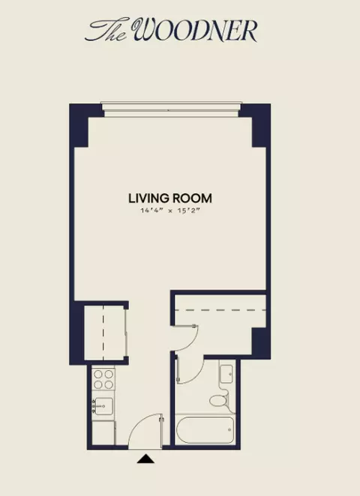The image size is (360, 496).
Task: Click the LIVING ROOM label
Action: click(x=170, y=199)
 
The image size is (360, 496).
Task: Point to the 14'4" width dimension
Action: click(x=152, y=211)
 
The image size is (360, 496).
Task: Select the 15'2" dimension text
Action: click(x=189, y=211)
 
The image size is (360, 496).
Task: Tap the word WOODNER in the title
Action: click(x=194, y=30)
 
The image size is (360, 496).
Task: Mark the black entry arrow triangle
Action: click(x=145, y=459)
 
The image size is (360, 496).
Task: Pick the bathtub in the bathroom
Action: click(x=205, y=430)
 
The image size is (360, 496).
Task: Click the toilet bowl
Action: click(x=218, y=401)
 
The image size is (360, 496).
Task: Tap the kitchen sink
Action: click(x=103, y=406)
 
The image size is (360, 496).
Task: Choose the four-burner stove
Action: click(x=103, y=379)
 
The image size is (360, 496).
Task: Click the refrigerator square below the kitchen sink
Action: click(x=103, y=432)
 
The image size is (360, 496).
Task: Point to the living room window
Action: click(x=171, y=109)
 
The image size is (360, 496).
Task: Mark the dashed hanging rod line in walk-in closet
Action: click(x=220, y=310)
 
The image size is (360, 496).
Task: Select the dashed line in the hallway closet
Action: click(x=103, y=333)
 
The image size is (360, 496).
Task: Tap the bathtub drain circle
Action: click(x=229, y=430)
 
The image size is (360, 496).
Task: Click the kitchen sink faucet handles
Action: click(x=94, y=406)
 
